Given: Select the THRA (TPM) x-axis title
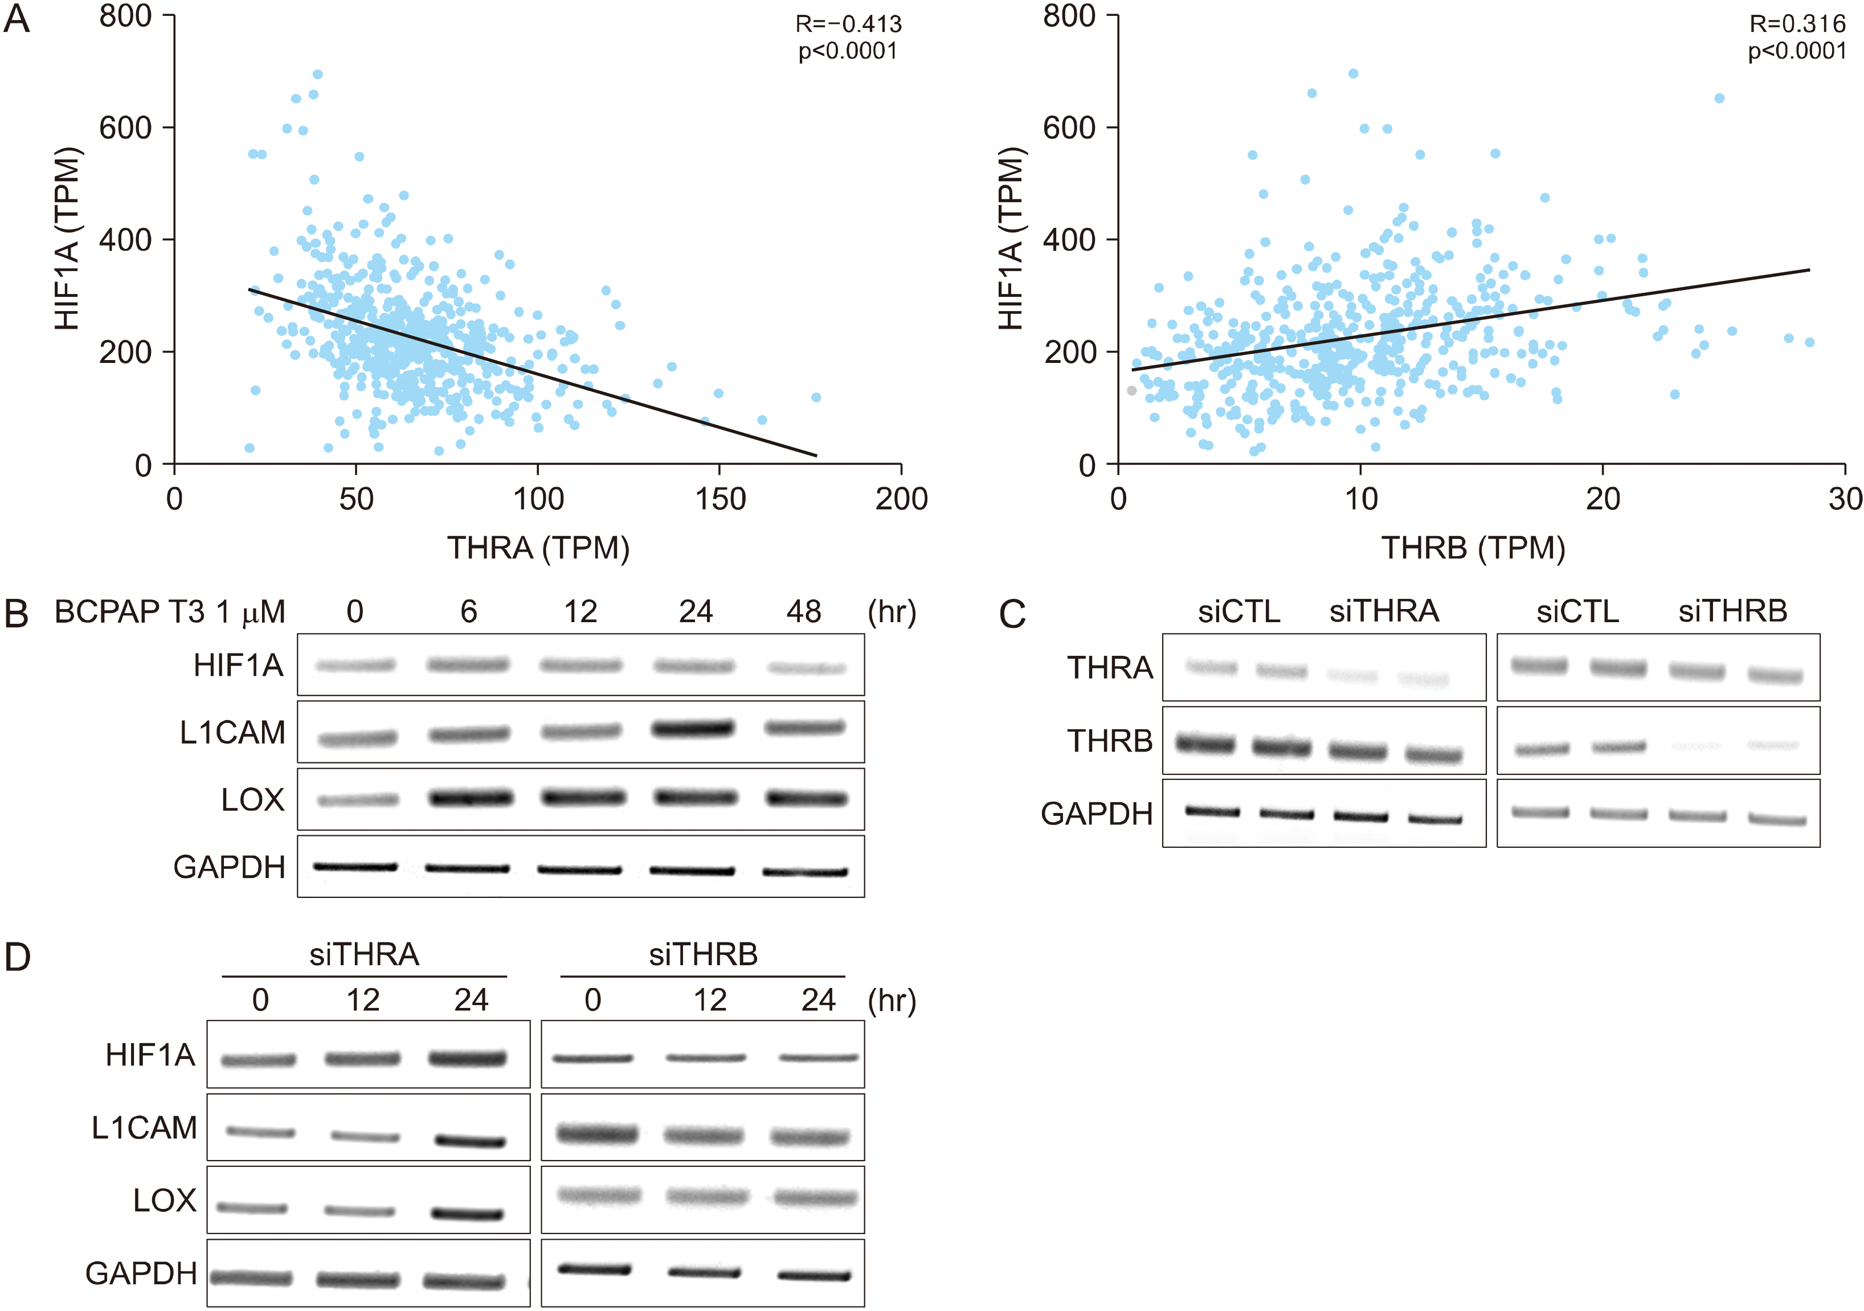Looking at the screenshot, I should point(538,548).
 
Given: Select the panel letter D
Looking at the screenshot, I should point(17,957).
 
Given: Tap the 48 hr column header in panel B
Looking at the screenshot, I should point(804,611).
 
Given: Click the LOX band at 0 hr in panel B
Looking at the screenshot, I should point(357,801).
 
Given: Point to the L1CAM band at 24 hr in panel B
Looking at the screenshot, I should point(693,728).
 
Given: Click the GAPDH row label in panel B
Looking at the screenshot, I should point(229,867).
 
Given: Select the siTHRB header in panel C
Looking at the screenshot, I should point(1732,610).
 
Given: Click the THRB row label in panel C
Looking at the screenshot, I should point(1109,740).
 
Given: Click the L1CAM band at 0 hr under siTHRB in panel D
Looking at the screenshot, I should point(596,1133).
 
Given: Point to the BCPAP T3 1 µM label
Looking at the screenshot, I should point(170,612).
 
